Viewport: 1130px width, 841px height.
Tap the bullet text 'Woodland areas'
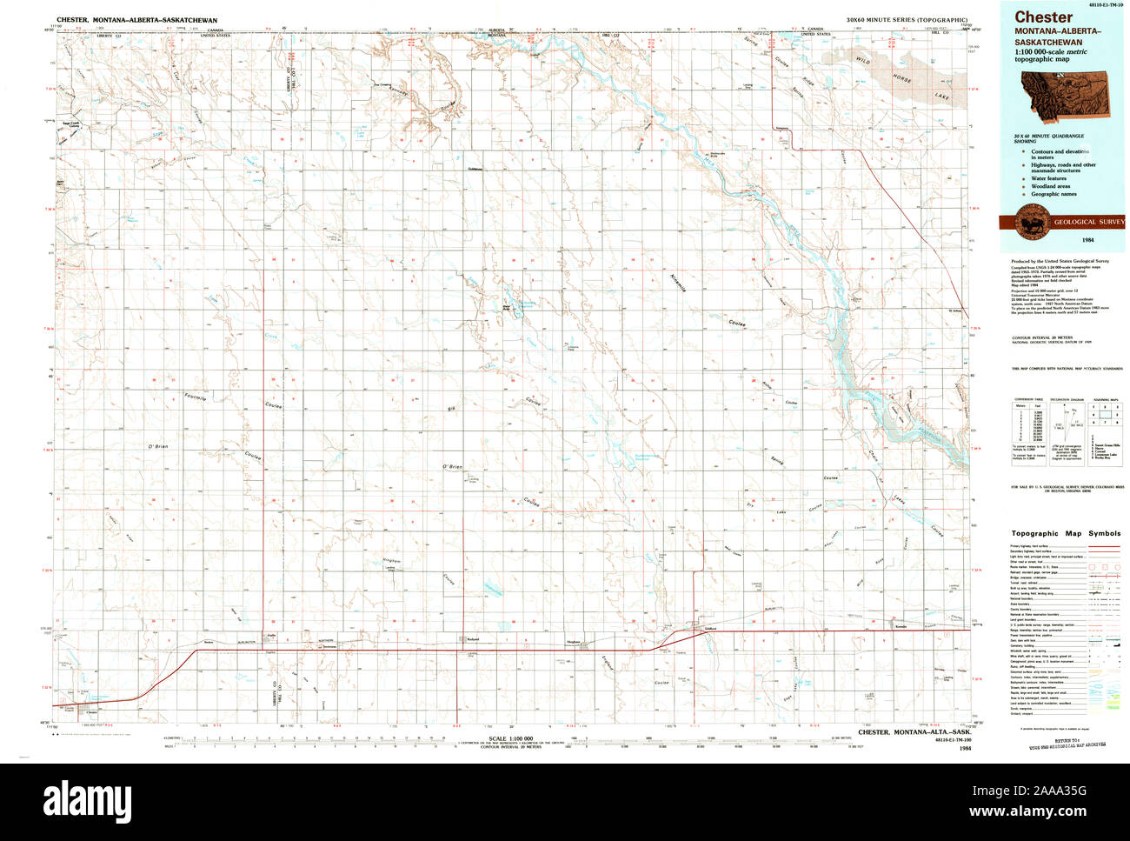tap(1050, 186)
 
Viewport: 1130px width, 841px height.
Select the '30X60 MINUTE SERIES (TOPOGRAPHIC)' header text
tap(905, 19)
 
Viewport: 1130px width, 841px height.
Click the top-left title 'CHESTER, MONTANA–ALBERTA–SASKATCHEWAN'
tap(137, 19)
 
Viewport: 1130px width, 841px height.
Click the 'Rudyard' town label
tap(473, 639)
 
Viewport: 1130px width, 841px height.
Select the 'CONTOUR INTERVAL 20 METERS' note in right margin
tap(1041, 337)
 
